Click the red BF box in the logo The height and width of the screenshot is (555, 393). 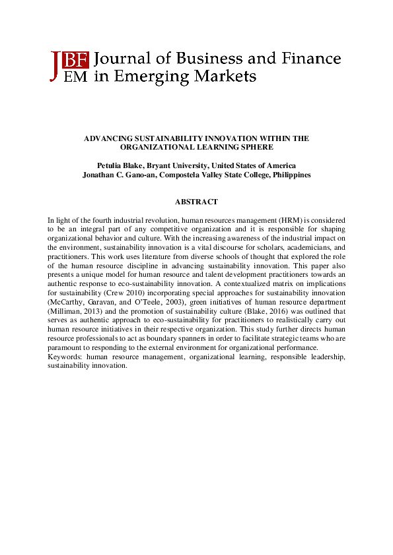pyautogui.click(x=77, y=60)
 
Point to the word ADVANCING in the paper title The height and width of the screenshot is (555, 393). pyautogui.click(x=108, y=138)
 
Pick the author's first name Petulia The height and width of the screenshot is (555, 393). pyautogui.click(x=109, y=165)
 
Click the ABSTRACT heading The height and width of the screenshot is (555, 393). pyautogui.click(x=196, y=202)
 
